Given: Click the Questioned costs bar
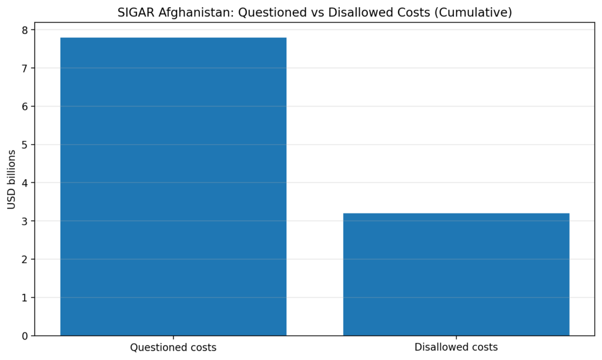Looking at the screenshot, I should pyautogui.click(x=173, y=186).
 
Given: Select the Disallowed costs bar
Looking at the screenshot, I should pyautogui.click(x=456, y=274).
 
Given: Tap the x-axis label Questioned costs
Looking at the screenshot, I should pyautogui.click(x=173, y=347).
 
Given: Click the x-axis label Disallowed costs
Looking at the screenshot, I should pyautogui.click(x=456, y=347).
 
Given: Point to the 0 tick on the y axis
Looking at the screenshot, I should pyautogui.click(x=25, y=336).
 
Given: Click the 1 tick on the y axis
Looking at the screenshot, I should pyautogui.click(x=25, y=298).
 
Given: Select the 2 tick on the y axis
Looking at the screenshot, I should pyautogui.click(x=25, y=259).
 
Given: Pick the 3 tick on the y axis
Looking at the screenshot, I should pyautogui.click(x=25, y=221).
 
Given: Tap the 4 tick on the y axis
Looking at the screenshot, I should pyautogui.click(x=25, y=183).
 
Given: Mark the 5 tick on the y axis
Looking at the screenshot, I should pyautogui.click(x=25, y=145).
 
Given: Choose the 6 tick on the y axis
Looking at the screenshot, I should pyautogui.click(x=25, y=106).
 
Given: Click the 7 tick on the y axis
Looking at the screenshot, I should pyautogui.click(x=25, y=68).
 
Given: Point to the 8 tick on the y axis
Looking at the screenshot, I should pyautogui.click(x=25, y=30).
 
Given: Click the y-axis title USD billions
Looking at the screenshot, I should pyautogui.click(x=11, y=179).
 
